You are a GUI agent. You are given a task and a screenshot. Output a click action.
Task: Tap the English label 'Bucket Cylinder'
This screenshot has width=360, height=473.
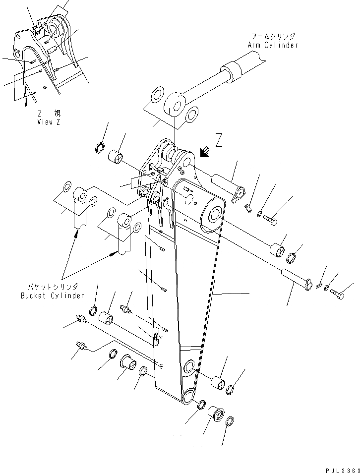[x=53, y=296]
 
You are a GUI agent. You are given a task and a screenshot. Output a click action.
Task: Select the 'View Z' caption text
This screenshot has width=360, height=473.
[x=48, y=122]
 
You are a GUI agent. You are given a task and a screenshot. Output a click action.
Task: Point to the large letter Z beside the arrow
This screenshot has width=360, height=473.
[x=219, y=141]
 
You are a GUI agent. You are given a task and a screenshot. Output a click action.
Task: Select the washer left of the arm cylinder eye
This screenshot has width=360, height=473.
[x=157, y=94]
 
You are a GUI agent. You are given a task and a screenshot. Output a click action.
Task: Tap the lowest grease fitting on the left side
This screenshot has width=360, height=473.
[x=80, y=346]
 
